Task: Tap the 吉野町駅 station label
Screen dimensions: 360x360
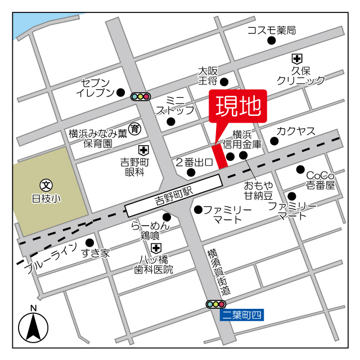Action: tap(174, 195)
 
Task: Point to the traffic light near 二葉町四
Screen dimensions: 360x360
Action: tap(217, 304)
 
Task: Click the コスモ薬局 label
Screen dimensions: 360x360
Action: tap(271, 30)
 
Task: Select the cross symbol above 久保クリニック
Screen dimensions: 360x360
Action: tap(296, 58)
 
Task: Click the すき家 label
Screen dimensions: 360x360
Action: tap(95, 254)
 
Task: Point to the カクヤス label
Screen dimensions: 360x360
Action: tap(296, 132)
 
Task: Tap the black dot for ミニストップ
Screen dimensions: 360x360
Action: tap(171, 121)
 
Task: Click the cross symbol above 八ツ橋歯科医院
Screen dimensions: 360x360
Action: tap(156, 247)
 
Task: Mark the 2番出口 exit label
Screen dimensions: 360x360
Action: tap(193, 163)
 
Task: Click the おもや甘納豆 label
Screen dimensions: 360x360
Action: tap(258, 190)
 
